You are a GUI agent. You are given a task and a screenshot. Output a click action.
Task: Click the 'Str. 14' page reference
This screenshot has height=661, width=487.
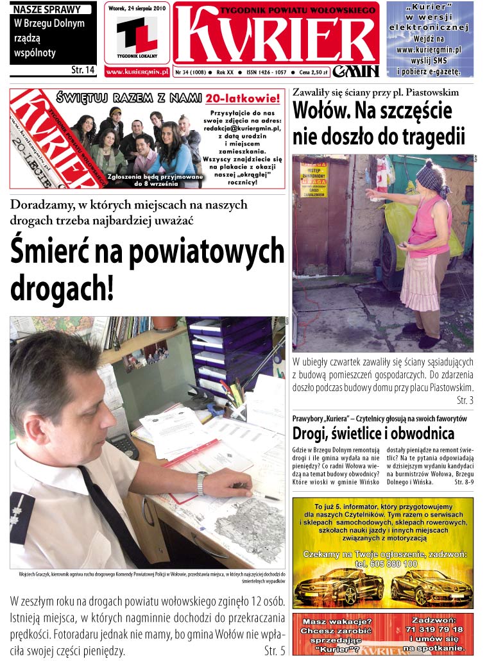point(82,69)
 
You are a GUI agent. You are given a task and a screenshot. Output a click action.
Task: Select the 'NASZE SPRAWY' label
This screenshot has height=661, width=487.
point(47,10)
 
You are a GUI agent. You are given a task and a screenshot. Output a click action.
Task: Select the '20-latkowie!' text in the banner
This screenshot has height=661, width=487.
point(243,99)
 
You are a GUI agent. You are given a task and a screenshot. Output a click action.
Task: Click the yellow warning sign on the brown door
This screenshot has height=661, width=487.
point(314,180)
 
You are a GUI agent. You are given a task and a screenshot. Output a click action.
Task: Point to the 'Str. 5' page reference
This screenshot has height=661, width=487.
point(274,651)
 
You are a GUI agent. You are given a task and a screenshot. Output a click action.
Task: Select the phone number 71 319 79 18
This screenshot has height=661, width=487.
point(434,630)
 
